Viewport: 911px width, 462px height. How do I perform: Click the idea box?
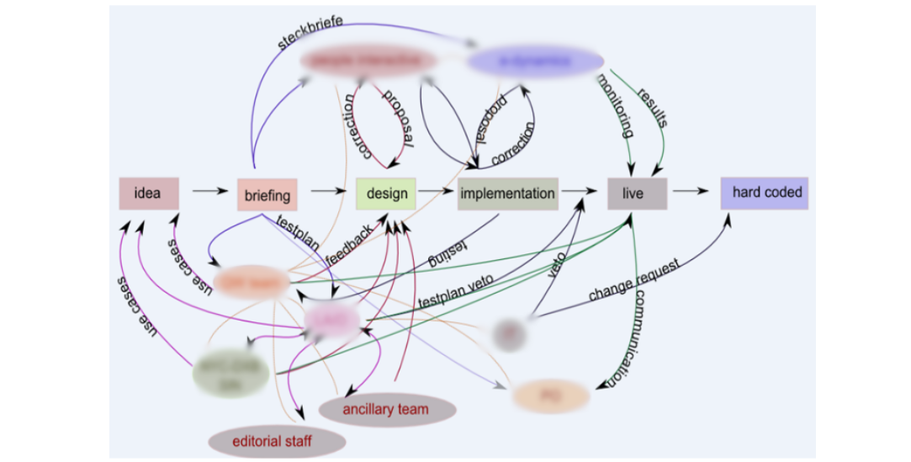click(149, 193)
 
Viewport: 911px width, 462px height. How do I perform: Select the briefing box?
click(267, 195)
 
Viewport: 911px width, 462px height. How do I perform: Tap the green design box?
click(386, 193)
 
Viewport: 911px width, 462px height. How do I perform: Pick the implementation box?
click(508, 193)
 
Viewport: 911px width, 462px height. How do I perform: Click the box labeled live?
click(637, 194)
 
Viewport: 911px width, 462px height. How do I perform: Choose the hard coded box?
click(764, 193)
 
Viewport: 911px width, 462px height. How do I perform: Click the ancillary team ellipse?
click(388, 410)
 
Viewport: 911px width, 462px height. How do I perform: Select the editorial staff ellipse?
click(278, 440)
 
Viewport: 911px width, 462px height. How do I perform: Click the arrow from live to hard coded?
click(690, 191)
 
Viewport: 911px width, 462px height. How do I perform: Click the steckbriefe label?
click(310, 31)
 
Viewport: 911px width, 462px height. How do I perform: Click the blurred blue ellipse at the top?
click(536, 61)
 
